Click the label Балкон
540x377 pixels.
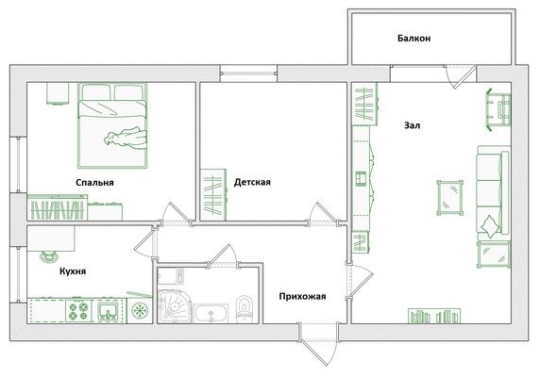(413, 38)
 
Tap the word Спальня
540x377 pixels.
(94, 183)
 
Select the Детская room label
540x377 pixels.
(252, 182)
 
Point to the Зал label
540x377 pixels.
(412, 125)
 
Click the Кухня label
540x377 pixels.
(73, 271)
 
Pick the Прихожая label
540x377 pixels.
(302, 296)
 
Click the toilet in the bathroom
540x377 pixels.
(245, 308)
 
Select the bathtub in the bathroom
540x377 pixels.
(211, 313)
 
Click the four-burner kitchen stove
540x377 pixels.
(79, 311)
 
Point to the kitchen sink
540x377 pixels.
(110, 311)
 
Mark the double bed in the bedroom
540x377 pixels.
(112, 125)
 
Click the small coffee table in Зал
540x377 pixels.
(449, 198)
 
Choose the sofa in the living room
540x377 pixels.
(493, 193)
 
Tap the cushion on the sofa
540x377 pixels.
(490, 226)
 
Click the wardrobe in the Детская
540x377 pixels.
(213, 194)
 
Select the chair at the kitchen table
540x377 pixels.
(49, 256)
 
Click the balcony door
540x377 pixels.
(461, 77)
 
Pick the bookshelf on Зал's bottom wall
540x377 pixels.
(434, 316)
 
